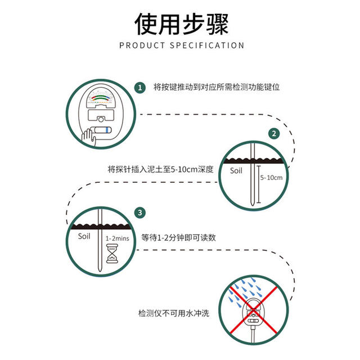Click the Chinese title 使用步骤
click(181, 24)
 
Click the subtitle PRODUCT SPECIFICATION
click(181, 46)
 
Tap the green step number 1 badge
click(139, 88)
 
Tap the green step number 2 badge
click(273, 134)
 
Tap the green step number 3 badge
click(139, 213)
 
